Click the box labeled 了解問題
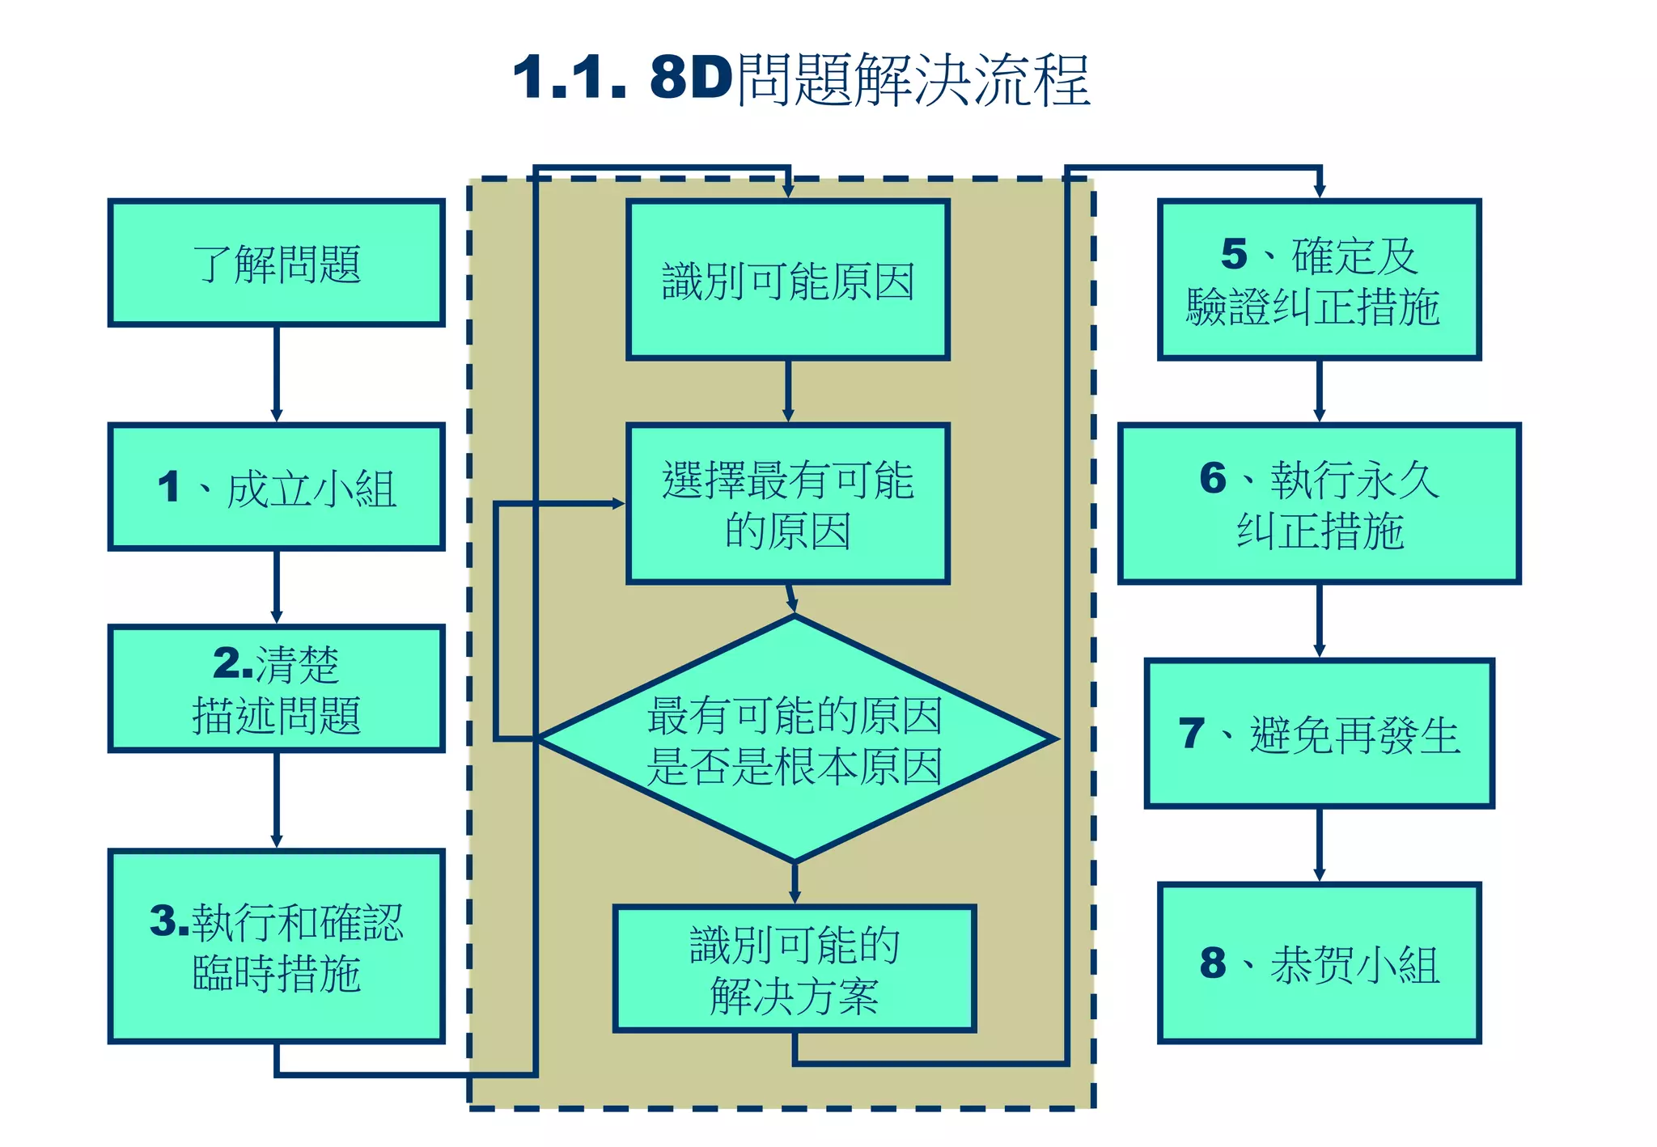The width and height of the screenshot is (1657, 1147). [276, 263]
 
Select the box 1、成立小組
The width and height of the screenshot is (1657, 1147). [276, 487]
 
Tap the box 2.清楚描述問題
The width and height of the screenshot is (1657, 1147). [276, 689]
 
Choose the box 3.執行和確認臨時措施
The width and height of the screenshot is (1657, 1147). [276, 946]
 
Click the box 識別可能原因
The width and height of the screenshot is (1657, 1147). [787, 280]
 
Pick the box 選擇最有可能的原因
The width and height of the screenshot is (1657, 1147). [787, 503]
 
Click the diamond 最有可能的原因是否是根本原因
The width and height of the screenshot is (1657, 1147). [795, 739]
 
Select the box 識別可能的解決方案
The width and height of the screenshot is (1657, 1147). [795, 968]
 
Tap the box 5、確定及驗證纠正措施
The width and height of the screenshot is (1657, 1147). [1319, 280]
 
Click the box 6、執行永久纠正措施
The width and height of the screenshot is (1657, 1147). [1319, 503]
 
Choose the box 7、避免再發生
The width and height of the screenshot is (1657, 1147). [1319, 734]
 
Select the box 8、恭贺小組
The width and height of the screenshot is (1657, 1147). [1319, 963]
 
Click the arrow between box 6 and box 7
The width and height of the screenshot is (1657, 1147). [1319, 620]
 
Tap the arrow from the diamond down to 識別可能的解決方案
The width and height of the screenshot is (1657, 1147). [795, 882]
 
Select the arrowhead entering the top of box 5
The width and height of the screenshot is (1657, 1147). [1319, 191]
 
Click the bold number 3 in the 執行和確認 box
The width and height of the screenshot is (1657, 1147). [167, 921]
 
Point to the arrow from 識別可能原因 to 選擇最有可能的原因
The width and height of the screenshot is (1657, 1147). [787, 392]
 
